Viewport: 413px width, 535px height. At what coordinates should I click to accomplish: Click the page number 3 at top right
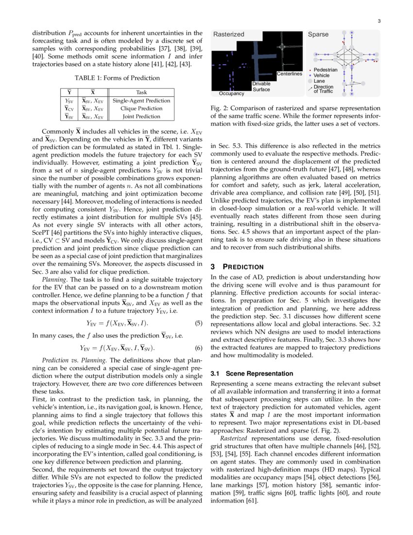pos(379,21)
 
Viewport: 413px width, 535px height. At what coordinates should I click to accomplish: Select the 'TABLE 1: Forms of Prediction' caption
pos(117,78)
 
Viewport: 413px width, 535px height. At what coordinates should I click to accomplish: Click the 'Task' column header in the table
pos(141,92)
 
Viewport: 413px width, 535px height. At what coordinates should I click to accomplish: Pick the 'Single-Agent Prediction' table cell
pos(141,101)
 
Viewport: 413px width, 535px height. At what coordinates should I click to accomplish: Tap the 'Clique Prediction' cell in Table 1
pos(141,108)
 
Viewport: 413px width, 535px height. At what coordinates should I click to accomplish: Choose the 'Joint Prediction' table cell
pos(141,116)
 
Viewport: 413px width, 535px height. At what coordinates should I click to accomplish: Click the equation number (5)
pos(198,323)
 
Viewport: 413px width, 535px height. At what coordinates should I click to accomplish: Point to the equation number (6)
pos(198,348)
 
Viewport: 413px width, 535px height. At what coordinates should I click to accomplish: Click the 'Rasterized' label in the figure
pos(229,35)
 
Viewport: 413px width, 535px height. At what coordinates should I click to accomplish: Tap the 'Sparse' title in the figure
pos(318,35)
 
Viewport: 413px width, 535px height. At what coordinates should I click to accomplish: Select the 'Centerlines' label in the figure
pos(290,74)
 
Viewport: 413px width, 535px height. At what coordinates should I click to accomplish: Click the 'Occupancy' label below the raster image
pos(231,93)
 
